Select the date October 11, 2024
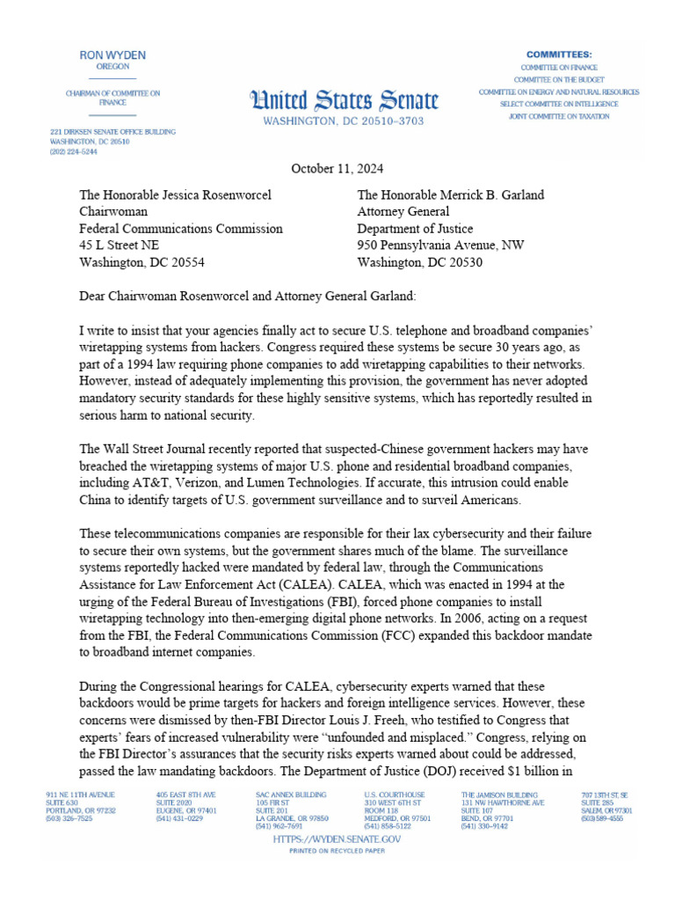click(x=337, y=169)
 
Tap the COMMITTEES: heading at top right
click(x=559, y=55)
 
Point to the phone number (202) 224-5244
click(x=74, y=151)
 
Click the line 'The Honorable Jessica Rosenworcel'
click(x=175, y=195)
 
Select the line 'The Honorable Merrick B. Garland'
click(x=450, y=195)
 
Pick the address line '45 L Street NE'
click(x=120, y=245)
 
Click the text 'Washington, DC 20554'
click(x=142, y=262)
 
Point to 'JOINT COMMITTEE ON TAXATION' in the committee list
click(x=559, y=116)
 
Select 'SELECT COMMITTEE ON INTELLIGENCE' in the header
click(x=559, y=104)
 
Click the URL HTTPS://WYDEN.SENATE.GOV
click(x=337, y=840)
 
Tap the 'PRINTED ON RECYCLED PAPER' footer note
click(x=337, y=853)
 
